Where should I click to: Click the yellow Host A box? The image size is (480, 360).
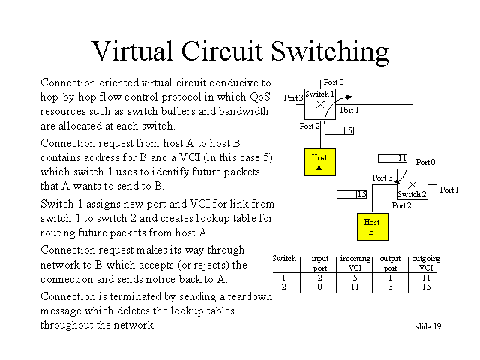coord(320,162)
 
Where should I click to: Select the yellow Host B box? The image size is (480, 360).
coord(373,226)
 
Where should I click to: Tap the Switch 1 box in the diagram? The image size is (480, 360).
coord(320,104)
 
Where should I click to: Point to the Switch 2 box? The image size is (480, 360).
coord(412,184)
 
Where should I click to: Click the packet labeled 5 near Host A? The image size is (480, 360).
coord(339,130)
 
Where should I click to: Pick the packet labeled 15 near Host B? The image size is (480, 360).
coord(352,194)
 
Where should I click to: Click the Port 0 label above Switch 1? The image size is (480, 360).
coord(334,82)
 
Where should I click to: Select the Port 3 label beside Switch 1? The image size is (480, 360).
coord(293,97)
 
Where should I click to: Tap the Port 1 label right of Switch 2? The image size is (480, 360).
coord(449,190)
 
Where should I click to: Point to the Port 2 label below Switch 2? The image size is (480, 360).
coord(401,205)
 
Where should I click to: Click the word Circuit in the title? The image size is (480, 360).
coord(222,51)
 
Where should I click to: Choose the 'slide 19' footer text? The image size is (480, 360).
coord(428,327)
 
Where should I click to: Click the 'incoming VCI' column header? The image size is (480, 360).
coord(355,263)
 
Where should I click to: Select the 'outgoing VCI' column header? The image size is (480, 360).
coord(426,263)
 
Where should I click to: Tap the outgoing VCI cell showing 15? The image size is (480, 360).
coord(426,286)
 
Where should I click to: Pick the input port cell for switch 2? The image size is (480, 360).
coord(319,286)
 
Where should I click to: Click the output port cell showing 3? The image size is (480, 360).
coord(390,286)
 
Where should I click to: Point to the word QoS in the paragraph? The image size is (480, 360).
coord(260,97)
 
